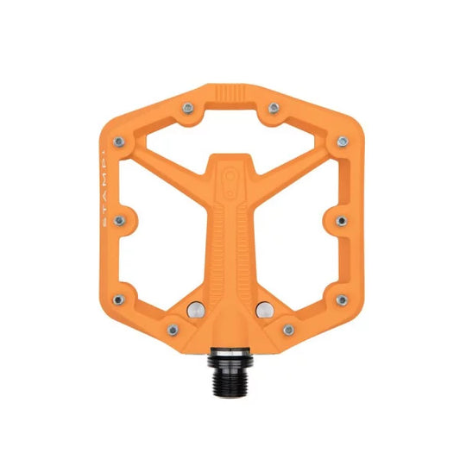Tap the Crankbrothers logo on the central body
coord(230,176)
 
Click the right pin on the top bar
coord(274,108)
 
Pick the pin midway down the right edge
coord(338,219)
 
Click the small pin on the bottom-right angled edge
coord(288,329)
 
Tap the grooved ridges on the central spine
coord(230,233)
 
